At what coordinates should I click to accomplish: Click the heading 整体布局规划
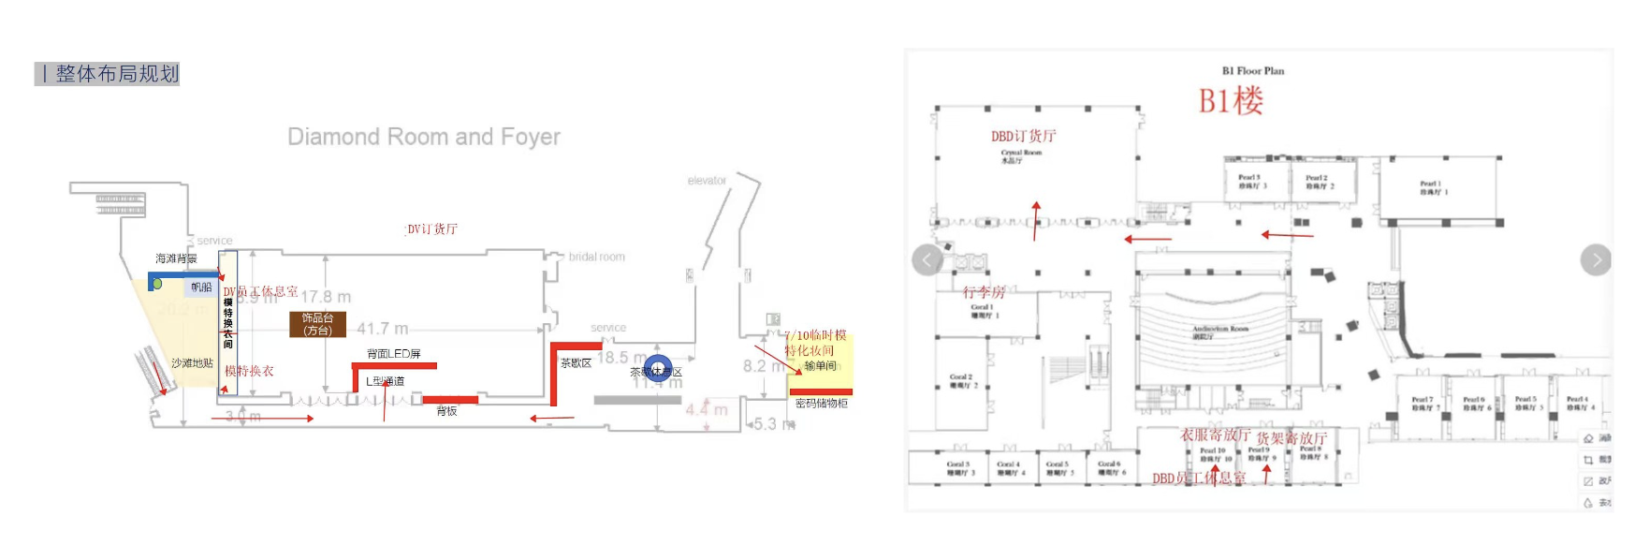116,74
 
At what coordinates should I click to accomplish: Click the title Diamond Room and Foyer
423,137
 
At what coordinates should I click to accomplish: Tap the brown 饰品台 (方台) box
317,324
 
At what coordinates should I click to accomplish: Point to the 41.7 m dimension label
382,329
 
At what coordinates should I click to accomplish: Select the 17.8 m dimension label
326,297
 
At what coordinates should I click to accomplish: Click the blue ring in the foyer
658,368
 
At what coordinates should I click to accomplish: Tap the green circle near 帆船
157,283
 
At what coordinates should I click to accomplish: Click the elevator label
707,181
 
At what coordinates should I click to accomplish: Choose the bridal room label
596,257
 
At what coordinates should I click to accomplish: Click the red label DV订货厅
431,228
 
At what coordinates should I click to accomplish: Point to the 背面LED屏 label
393,353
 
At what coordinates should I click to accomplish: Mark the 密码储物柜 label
821,404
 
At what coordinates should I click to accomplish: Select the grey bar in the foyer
637,400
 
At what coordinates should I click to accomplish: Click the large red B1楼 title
1231,100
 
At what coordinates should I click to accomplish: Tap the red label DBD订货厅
1023,136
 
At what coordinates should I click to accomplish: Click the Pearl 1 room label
1433,187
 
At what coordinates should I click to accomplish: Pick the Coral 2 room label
961,380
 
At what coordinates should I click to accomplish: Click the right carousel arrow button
1596,259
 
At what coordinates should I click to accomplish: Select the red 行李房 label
984,292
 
